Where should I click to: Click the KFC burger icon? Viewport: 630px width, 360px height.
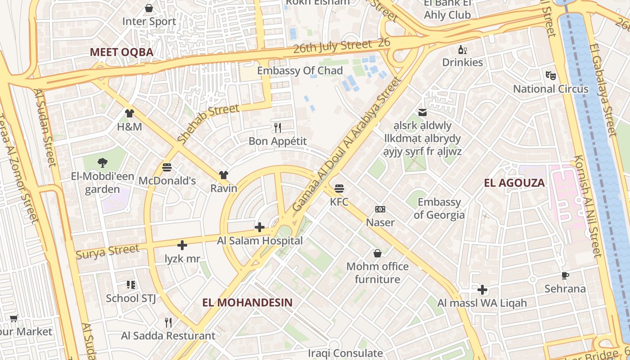339,188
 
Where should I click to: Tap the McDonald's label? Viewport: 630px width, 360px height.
167,180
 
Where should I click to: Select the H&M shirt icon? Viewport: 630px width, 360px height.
130,113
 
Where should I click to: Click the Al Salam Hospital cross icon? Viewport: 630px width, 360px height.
260,227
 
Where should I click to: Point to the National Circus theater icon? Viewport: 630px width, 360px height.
550,75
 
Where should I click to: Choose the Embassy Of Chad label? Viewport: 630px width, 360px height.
300,71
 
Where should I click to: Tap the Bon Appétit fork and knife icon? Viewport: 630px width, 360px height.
278,128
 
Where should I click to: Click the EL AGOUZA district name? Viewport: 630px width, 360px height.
514,183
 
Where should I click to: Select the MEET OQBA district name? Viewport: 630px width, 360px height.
121,52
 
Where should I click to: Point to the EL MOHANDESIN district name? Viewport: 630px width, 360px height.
247,302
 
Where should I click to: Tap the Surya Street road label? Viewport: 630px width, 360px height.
108,252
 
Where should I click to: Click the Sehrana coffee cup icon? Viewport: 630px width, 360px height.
565,275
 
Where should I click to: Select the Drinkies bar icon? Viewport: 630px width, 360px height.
462,49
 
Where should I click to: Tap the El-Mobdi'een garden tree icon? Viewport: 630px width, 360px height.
103,163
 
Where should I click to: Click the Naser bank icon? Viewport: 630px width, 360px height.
380,209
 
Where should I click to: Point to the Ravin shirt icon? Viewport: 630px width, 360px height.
224,175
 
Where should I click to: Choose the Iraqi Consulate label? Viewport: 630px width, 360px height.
345,353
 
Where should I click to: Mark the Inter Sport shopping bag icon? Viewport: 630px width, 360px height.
149,8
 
